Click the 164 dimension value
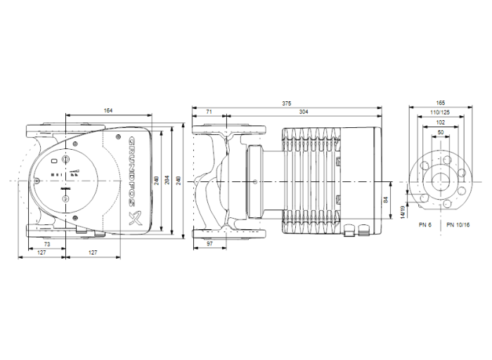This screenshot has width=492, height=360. click(x=108, y=110)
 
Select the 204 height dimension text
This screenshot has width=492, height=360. click(x=165, y=180)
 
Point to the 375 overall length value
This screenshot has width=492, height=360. click(x=287, y=103)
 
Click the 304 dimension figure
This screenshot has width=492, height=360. click(x=304, y=112)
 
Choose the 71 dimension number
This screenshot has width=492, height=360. click(x=209, y=112)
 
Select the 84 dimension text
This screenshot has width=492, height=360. click(x=386, y=201)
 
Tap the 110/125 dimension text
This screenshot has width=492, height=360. click(x=440, y=112)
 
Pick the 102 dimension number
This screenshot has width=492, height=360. click(x=440, y=122)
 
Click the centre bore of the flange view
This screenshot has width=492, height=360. click(x=440, y=181)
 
